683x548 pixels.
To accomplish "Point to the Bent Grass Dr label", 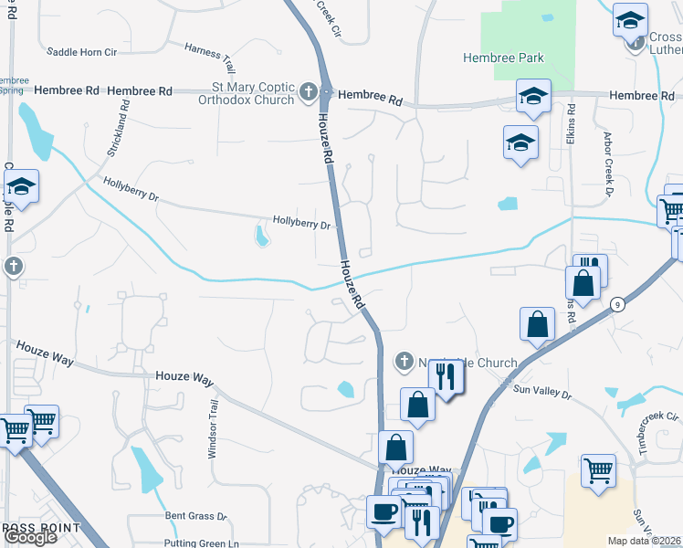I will (195, 516).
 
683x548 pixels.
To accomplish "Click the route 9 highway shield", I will (618, 305).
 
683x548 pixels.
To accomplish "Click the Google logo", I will (30, 537).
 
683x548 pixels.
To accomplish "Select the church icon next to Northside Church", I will (404, 363).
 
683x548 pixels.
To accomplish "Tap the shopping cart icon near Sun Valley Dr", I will (598, 471).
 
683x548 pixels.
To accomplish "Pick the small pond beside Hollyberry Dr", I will (262, 237).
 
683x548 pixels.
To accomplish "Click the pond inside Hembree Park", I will (547, 18).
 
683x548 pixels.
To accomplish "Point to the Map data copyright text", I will (644, 541).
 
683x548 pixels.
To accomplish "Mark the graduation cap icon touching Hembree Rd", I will (532, 96).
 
